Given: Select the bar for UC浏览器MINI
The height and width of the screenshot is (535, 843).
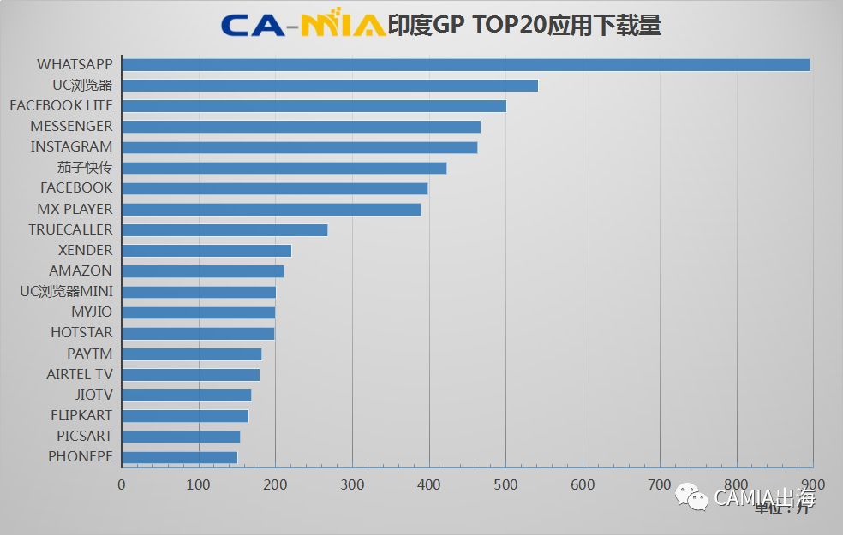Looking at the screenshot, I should (198, 292).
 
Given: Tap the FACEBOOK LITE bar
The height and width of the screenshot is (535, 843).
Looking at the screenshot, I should (314, 106).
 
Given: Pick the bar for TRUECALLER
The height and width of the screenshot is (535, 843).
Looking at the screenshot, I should (224, 229).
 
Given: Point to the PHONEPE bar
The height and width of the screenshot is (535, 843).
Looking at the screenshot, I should (179, 457).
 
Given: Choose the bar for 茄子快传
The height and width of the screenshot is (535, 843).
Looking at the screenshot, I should (284, 168).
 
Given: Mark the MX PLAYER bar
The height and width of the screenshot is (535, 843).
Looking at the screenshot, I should (271, 209).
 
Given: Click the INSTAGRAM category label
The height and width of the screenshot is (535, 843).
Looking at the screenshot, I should (71, 147).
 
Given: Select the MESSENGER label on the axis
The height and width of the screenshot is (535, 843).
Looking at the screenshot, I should (71, 127).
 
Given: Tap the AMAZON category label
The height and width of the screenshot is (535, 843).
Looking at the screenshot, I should (81, 271).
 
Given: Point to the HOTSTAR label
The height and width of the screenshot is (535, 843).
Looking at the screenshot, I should (81, 333).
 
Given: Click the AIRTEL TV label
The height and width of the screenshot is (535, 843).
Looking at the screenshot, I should (79, 374).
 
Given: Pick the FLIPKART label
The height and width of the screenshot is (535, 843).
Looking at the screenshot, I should (81, 416).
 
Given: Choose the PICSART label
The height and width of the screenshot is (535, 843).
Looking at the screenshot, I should (84, 437).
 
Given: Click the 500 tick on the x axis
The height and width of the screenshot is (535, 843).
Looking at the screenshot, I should (505, 484).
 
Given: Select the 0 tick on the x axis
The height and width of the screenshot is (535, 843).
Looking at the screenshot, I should (122, 484).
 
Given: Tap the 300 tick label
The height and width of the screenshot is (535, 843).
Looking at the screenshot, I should (352, 484).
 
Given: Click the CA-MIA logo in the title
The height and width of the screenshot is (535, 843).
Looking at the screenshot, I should (302, 25).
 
